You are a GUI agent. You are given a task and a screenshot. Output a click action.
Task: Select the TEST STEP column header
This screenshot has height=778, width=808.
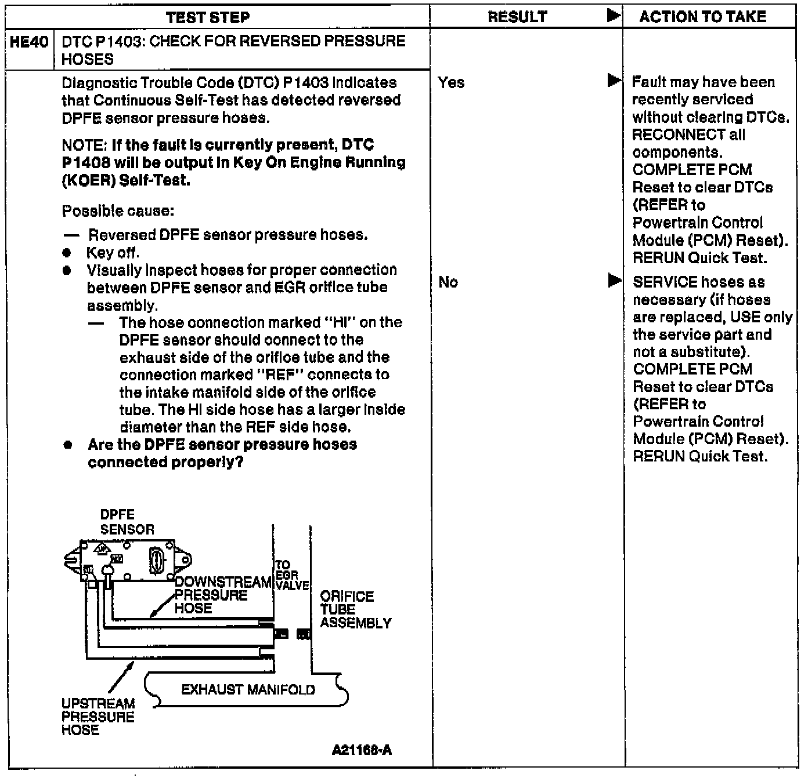(208, 17)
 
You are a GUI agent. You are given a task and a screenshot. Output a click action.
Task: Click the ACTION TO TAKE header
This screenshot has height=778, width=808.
(703, 17)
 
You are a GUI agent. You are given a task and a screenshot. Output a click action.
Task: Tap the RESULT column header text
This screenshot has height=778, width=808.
(517, 17)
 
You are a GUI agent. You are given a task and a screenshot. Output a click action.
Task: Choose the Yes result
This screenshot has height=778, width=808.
(451, 83)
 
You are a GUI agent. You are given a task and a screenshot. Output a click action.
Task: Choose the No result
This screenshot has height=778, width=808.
(448, 282)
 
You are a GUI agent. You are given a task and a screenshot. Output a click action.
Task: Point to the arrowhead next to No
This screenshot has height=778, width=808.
(614, 281)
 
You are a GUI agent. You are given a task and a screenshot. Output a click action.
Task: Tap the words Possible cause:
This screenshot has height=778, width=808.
(118, 210)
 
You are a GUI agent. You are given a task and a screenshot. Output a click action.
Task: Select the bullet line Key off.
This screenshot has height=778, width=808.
(113, 253)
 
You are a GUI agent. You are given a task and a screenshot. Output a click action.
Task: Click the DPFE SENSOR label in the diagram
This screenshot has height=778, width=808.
(127, 522)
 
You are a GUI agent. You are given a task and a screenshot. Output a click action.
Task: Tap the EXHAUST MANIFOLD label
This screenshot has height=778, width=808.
(248, 690)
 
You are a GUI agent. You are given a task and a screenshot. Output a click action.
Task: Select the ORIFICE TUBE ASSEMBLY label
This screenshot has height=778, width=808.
(355, 610)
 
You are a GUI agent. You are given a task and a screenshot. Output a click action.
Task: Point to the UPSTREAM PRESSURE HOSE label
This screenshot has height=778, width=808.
(98, 717)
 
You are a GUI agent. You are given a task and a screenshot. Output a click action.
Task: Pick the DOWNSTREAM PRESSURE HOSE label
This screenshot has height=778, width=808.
(222, 595)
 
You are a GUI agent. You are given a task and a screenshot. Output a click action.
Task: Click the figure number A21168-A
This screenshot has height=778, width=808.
(361, 750)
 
